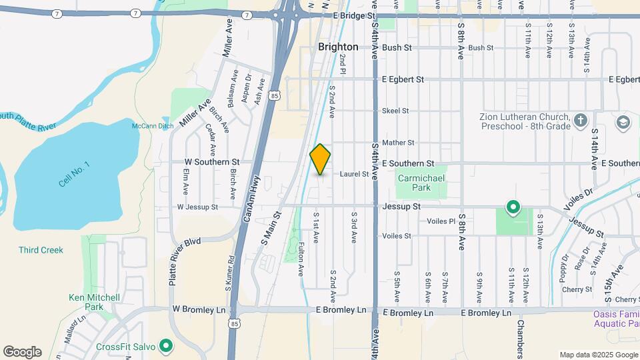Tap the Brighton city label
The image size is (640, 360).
click(x=338, y=47)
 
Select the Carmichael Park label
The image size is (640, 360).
click(x=421, y=183)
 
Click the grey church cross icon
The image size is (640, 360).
click(x=581, y=121)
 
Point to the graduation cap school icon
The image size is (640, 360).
click(x=623, y=122)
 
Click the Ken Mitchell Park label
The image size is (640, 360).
click(x=94, y=302)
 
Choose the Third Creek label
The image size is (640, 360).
click(x=41, y=250)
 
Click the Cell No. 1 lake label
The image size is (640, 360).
click(x=73, y=173)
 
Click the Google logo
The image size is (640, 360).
click(x=22, y=352)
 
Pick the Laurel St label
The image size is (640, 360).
click(x=354, y=174)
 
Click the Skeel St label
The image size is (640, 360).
click(x=395, y=111)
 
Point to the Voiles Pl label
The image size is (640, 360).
click(x=441, y=221)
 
